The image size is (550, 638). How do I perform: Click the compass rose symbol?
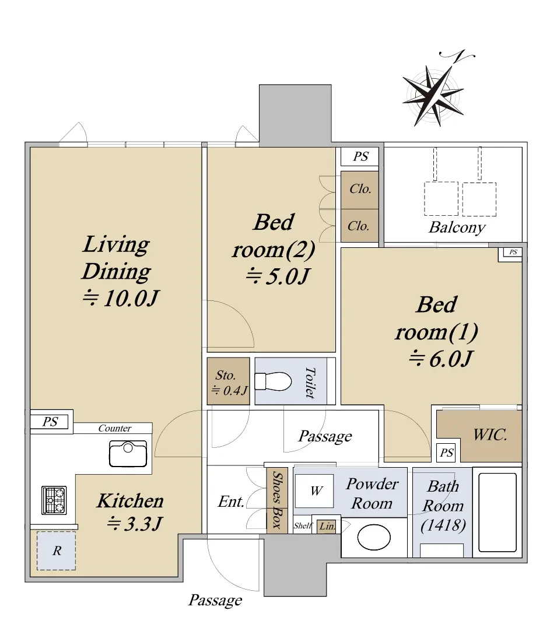434,95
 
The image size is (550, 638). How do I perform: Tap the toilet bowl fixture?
273,381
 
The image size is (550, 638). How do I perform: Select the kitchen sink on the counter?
128,454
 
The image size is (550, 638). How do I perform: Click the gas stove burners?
54,500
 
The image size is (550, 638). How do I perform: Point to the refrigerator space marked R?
57,551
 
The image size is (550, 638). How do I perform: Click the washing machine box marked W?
314,490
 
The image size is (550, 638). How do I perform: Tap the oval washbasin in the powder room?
374,537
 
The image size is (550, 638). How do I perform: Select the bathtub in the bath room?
500,512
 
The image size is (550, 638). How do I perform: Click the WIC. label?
490,435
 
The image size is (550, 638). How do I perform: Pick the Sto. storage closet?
228,381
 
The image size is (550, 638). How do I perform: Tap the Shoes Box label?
277,500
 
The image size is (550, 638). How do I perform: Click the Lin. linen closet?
327,527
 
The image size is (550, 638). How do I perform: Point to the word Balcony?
457,227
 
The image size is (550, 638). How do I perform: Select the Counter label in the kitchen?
115,428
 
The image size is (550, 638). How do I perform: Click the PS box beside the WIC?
446,453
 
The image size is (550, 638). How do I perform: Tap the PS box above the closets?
360,157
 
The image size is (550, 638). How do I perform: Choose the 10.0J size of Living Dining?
120,298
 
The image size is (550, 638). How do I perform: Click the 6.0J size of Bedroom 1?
440,359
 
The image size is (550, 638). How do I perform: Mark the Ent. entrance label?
230,502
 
